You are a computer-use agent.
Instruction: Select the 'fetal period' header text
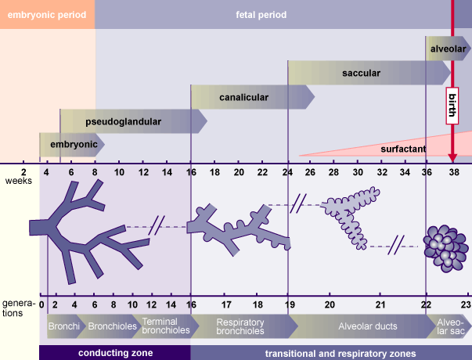pos(261,15)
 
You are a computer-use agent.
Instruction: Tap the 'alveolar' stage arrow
pos(448,49)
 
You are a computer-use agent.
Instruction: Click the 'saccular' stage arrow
pos(361,74)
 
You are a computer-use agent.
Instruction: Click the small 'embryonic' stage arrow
pos(73,145)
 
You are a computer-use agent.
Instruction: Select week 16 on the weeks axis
pos(191,171)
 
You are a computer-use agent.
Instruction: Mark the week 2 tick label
pos(23,171)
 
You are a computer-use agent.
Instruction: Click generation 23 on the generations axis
pos(466,304)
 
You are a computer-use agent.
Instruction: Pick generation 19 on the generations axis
pos(289,304)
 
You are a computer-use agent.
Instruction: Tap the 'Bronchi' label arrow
pos(63,326)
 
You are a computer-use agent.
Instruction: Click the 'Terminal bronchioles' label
pos(165,326)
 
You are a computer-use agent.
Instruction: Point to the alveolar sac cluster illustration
pos(445,243)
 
